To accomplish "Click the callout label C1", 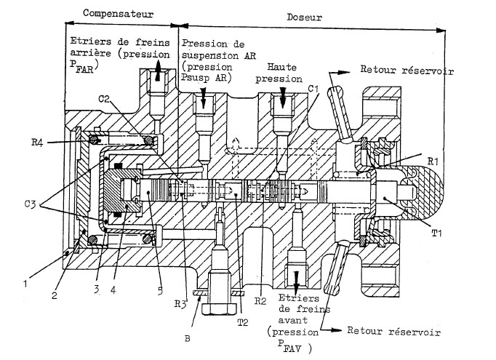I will pyautogui.click(x=314, y=89).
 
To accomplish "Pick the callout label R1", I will pyautogui.click(x=435, y=159).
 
